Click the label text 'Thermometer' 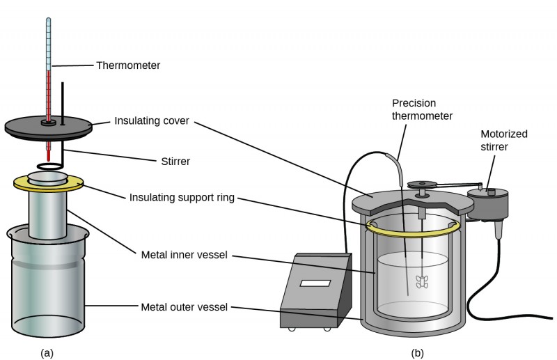pos(128,65)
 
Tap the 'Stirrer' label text pos(171,161)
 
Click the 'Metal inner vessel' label pos(183,255)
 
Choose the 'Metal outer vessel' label pos(184,306)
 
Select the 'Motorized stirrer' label pos(504,139)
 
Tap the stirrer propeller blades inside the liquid pos(423,281)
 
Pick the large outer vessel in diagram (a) pos(47,285)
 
